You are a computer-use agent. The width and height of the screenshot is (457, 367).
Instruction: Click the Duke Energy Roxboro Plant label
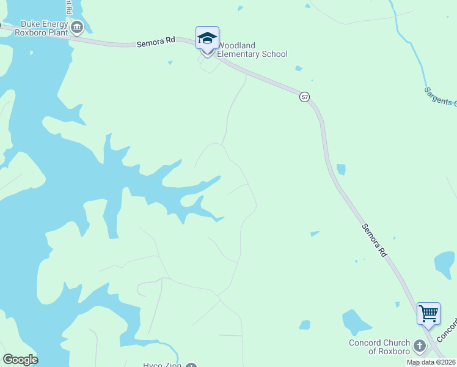click(x=42, y=28)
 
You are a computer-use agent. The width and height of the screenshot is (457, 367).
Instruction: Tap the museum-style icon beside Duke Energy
click(x=77, y=27)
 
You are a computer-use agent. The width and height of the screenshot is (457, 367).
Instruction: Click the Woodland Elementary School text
click(x=252, y=50)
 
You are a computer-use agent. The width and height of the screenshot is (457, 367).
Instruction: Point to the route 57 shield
click(x=305, y=97)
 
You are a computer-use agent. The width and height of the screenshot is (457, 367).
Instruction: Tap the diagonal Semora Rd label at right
click(x=374, y=240)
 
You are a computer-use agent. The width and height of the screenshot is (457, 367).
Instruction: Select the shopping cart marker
click(x=428, y=314)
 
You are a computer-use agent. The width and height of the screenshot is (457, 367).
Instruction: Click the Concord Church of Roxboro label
click(x=379, y=347)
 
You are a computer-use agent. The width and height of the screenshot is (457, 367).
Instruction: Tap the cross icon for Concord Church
click(x=419, y=346)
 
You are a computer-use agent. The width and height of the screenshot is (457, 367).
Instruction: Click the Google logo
click(x=20, y=360)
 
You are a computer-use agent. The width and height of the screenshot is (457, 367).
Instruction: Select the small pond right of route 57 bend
click(x=341, y=169)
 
